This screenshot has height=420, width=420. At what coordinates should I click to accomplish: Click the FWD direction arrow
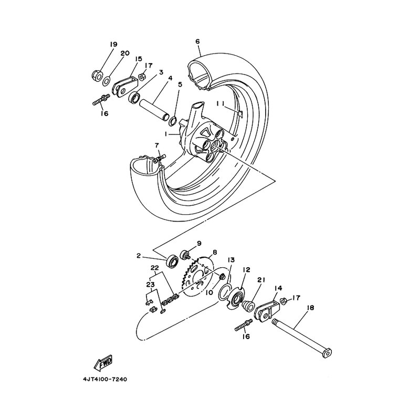tap(103, 363)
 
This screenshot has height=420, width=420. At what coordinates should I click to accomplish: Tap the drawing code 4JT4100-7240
tap(105, 379)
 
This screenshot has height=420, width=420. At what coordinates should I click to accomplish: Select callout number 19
tap(113, 44)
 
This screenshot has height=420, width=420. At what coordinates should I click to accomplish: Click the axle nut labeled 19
tap(97, 76)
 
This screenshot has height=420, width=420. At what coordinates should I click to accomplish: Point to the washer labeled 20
tap(107, 81)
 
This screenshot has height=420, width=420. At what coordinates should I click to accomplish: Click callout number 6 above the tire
tap(197, 41)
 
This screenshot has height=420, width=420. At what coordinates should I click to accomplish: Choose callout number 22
tap(154, 268)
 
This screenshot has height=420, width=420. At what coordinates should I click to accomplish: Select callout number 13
tap(231, 260)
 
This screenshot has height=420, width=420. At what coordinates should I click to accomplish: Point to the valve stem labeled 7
tap(160, 159)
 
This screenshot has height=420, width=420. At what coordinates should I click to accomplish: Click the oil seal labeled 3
tap(134, 97)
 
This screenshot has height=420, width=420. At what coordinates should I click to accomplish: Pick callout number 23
tap(150, 285)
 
